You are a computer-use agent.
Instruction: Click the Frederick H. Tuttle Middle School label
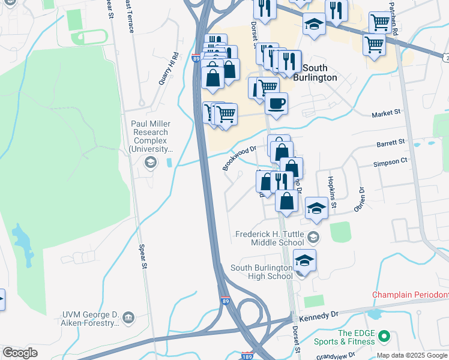tap(270, 238)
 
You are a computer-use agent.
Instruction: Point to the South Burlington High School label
tap(261, 271)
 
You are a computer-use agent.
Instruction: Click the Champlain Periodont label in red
tap(410, 295)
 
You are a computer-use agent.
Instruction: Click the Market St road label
tap(385, 113)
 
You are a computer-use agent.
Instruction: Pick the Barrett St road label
tap(391, 143)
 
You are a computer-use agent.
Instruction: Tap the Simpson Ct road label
tap(390, 161)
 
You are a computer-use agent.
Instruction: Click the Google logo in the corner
tap(20, 352)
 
